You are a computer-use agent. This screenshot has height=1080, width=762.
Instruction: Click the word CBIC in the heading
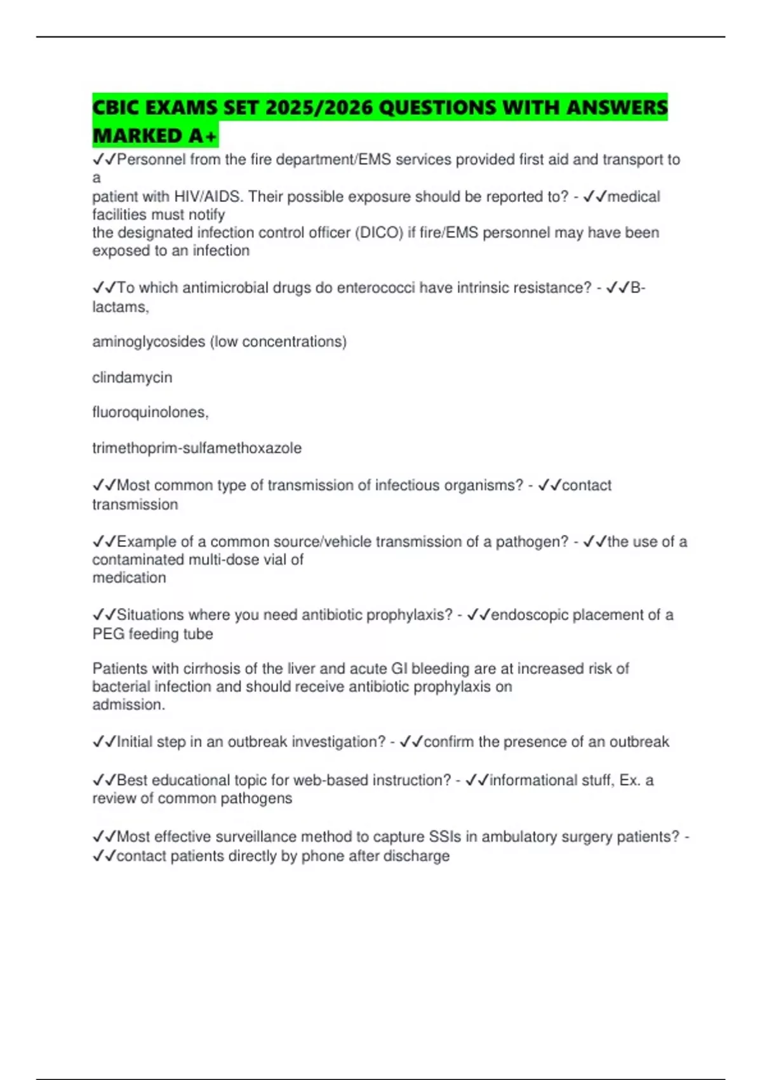click(x=116, y=107)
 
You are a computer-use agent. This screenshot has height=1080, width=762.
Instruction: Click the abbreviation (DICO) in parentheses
click(x=379, y=233)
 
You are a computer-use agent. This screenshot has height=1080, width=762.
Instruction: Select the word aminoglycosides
click(x=149, y=342)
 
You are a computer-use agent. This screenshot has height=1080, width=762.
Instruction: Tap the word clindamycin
click(x=132, y=377)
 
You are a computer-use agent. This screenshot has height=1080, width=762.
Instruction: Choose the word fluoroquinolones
click(x=150, y=412)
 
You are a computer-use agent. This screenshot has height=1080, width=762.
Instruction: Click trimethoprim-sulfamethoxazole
click(x=197, y=448)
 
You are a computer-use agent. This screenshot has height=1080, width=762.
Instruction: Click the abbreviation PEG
click(x=108, y=634)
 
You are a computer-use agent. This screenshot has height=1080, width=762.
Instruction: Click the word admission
click(x=128, y=705)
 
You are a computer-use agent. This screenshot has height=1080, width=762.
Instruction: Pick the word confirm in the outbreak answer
click(x=449, y=742)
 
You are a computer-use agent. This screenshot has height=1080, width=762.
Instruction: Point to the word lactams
click(x=119, y=307)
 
